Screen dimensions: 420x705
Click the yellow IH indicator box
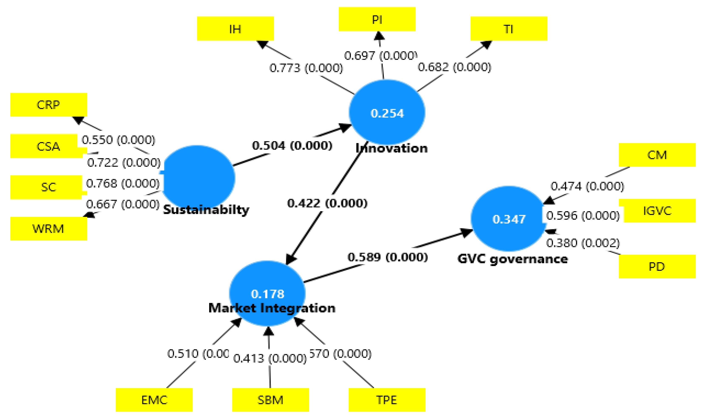235,28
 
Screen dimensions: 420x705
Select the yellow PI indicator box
377,19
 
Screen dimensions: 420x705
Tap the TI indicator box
508,28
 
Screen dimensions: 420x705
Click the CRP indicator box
49,105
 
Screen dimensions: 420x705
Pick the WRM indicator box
49,228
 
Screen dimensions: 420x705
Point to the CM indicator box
657,155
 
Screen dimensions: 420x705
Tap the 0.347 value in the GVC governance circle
509,219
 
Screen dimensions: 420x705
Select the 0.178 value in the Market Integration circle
267,294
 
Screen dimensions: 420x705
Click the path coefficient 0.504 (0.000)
292,145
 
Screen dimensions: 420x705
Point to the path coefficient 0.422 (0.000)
327,203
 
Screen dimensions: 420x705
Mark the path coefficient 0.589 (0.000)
387,257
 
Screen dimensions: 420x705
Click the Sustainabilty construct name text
206,210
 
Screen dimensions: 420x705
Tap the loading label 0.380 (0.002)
583,243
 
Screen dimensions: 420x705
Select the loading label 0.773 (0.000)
306,68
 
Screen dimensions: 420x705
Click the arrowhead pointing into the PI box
379,36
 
